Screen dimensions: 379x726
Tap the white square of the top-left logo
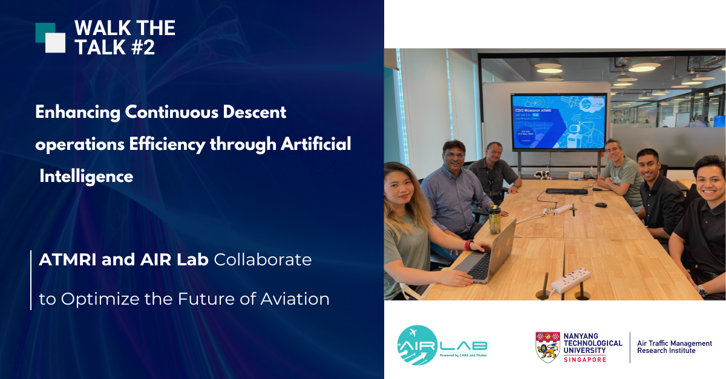[x=55, y=43]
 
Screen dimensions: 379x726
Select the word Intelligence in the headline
[x=86, y=177]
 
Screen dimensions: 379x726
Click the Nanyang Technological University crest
[x=548, y=347]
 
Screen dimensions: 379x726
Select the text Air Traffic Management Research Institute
[x=674, y=347]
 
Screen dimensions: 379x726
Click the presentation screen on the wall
[x=558, y=121]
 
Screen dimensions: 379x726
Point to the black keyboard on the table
[x=566, y=191]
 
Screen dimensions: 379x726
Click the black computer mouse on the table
[x=601, y=204]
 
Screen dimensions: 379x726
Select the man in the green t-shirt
[x=617, y=175]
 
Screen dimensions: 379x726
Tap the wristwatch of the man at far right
[x=702, y=291]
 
